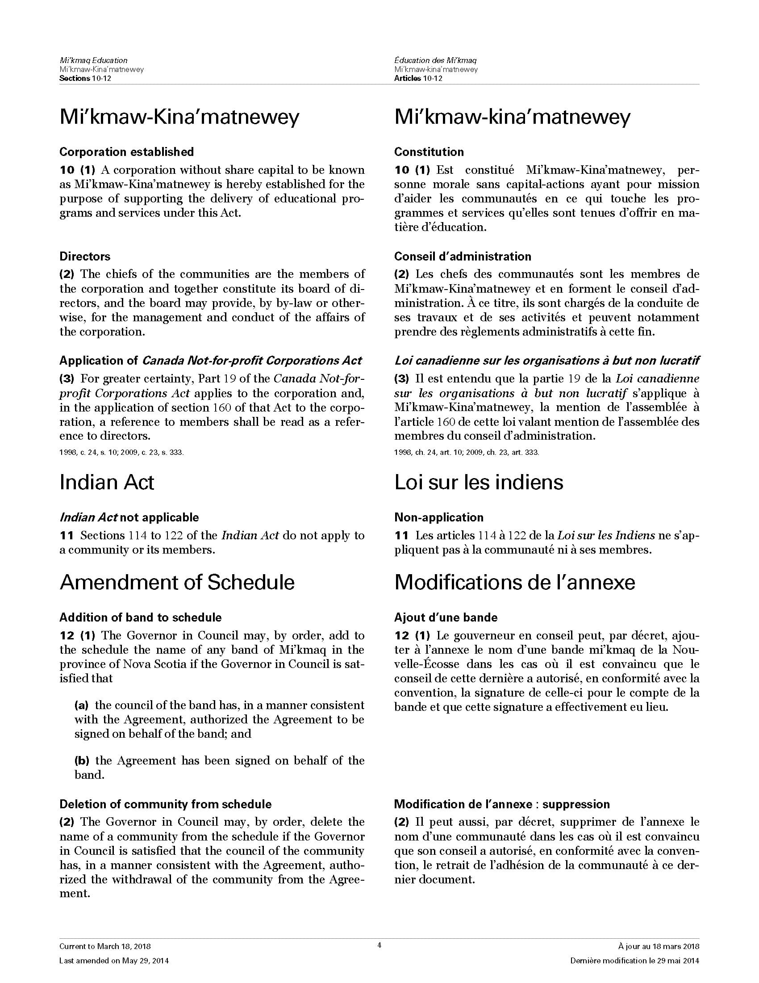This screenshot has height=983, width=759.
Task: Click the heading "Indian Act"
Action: click(107, 483)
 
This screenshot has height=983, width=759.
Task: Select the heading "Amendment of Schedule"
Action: click(177, 582)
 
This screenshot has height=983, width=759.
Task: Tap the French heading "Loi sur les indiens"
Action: click(479, 483)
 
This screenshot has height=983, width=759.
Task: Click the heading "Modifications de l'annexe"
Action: click(514, 582)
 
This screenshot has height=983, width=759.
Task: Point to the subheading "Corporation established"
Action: click(126, 152)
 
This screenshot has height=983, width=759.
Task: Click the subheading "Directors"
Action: click(85, 256)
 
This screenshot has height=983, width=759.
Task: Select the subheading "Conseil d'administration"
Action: click(462, 256)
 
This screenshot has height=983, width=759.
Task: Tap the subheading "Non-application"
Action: click(438, 517)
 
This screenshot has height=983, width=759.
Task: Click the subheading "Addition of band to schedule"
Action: click(140, 618)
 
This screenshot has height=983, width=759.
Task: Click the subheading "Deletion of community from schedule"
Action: click(166, 804)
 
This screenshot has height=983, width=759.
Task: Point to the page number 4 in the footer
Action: click(379, 945)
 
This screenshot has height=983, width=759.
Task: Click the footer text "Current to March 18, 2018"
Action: click(105, 946)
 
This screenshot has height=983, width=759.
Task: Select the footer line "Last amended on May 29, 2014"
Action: click(114, 961)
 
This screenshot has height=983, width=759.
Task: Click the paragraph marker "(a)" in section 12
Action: click(81, 705)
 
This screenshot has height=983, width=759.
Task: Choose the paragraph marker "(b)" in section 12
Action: click(81, 760)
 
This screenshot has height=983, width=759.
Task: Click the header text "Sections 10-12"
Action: click(85, 78)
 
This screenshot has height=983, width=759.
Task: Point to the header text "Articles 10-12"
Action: click(418, 78)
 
